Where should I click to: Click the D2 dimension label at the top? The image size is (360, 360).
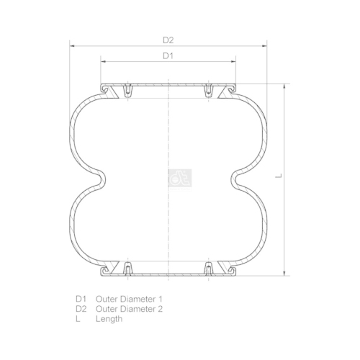tap(168, 40)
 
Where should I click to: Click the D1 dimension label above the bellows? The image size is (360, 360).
tap(168, 56)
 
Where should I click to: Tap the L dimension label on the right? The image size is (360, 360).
tap(279, 176)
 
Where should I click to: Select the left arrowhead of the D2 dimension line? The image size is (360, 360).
tap(72, 46)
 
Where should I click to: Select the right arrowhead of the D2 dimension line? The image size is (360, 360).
tap(264, 46)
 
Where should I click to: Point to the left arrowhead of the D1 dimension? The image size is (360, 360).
tap(104, 62)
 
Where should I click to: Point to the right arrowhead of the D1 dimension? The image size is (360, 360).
tap(233, 62)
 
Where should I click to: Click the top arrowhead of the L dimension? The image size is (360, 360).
tap(284, 87)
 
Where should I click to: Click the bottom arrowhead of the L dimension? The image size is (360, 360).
tap(284, 273)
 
